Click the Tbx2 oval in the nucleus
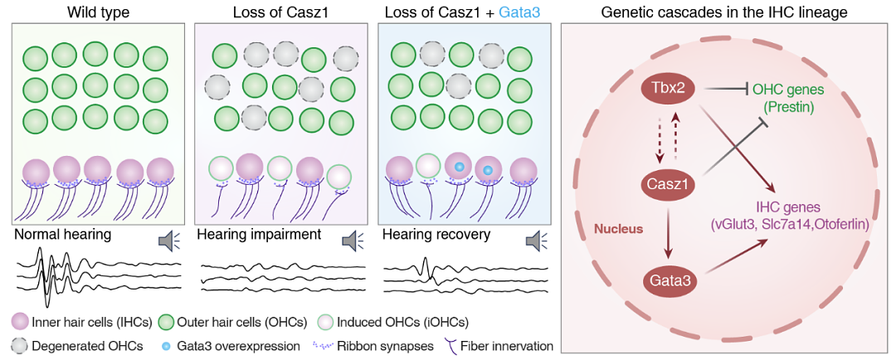pyautogui.click(x=674, y=88)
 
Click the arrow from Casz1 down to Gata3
pyautogui.click(x=674, y=235)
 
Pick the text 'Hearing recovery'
pyautogui.click(x=436, y=235)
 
